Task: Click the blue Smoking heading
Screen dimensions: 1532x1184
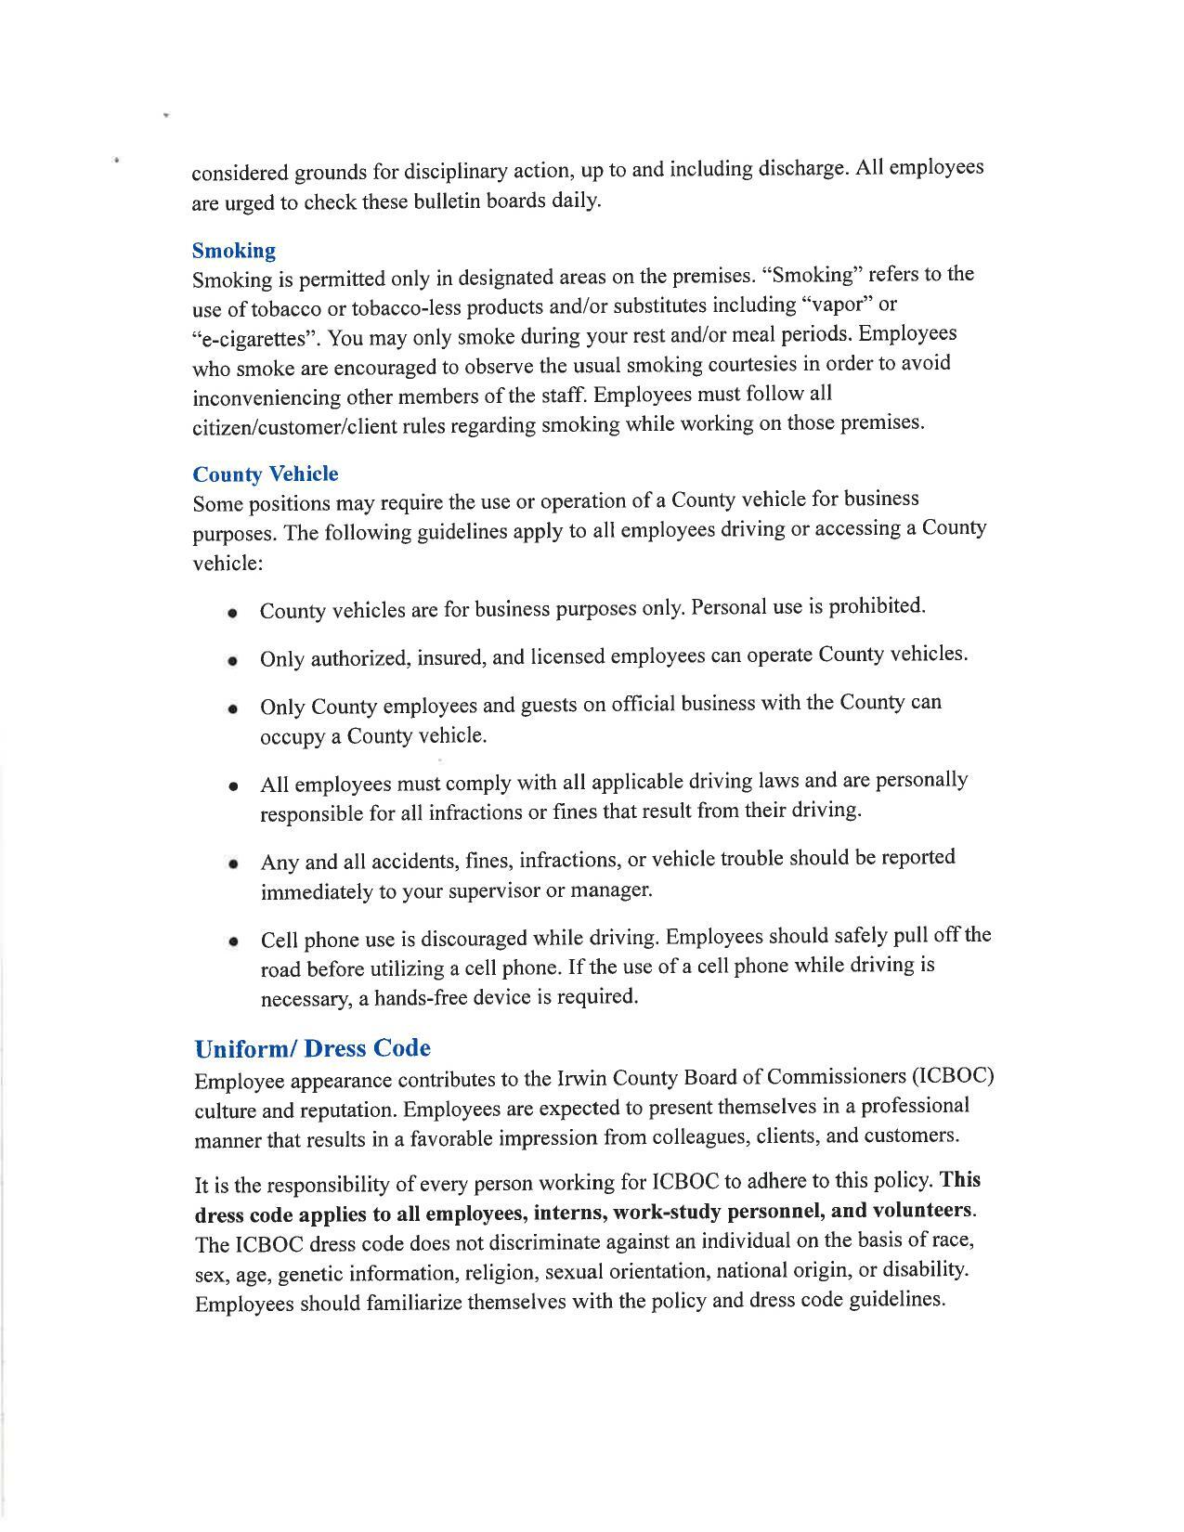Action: point(233,251)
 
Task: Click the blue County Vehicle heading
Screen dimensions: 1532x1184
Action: point(266,474)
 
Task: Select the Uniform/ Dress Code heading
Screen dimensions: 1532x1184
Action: point(312,1048)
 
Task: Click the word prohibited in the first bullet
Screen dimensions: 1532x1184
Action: point(876,606)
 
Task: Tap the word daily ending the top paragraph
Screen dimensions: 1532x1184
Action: point(576,200)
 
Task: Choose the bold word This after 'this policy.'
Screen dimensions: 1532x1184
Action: point(959,1180)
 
